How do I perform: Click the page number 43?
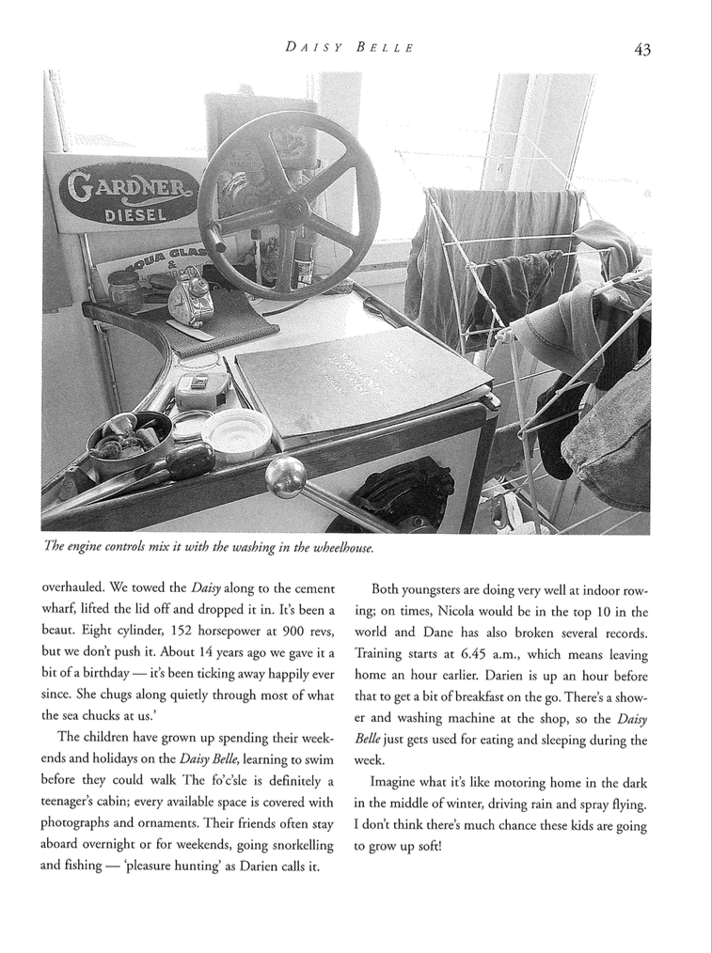[642, 50]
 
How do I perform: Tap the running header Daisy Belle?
[349, 48]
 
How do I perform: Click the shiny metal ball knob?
[285, 476]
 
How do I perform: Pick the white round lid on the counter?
[236, 433]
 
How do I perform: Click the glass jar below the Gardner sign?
[125, 290]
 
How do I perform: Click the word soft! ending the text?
[426, 845]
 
